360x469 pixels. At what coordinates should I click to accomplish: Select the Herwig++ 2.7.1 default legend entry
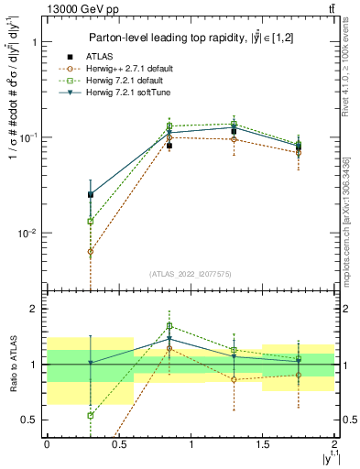[125, 68]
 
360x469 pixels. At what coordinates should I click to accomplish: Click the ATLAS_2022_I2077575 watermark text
[191, 274]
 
